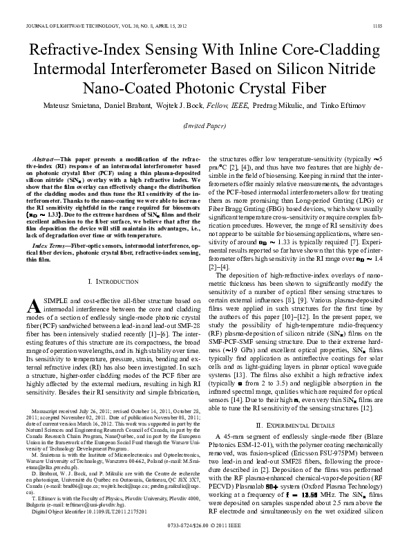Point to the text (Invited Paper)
click(204, 127)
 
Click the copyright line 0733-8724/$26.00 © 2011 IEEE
click(204, 536)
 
